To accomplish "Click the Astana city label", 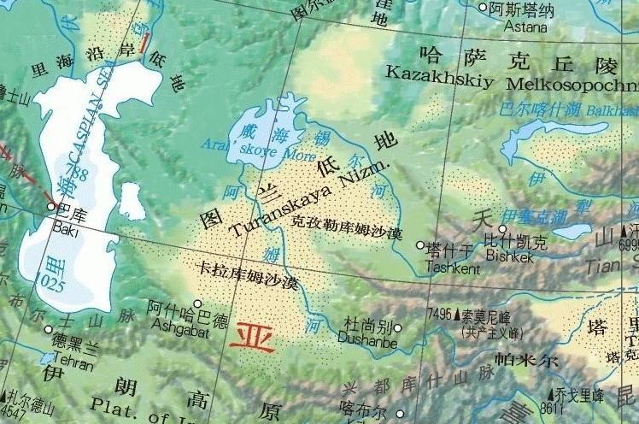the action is pos(526,26).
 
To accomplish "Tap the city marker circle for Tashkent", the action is pos(419,245).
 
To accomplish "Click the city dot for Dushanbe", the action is pos(397,327).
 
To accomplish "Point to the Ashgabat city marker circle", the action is pos(197,303).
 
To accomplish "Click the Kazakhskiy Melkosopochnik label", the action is pos(511,79).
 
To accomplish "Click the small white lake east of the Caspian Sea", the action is pos(131,202).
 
